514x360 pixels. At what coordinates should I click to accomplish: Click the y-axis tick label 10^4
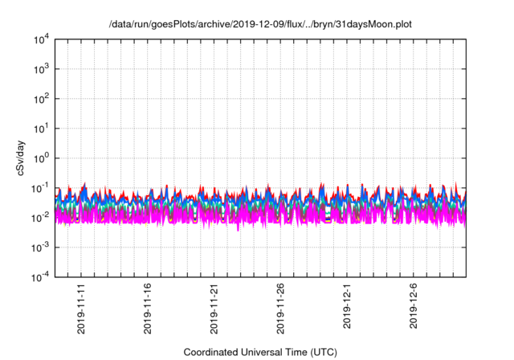point(41,39)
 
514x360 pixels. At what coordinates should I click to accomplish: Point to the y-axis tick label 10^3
point(41,69)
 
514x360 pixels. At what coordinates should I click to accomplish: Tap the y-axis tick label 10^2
point(41,99)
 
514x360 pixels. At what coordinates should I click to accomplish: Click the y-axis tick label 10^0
point(41,158)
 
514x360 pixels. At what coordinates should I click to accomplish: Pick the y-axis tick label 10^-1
point(40,188)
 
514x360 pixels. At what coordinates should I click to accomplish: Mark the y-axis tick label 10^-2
point(40,218)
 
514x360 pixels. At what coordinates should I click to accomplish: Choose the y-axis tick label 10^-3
point(40,247)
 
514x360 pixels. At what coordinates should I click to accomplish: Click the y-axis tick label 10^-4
point(40,277)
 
